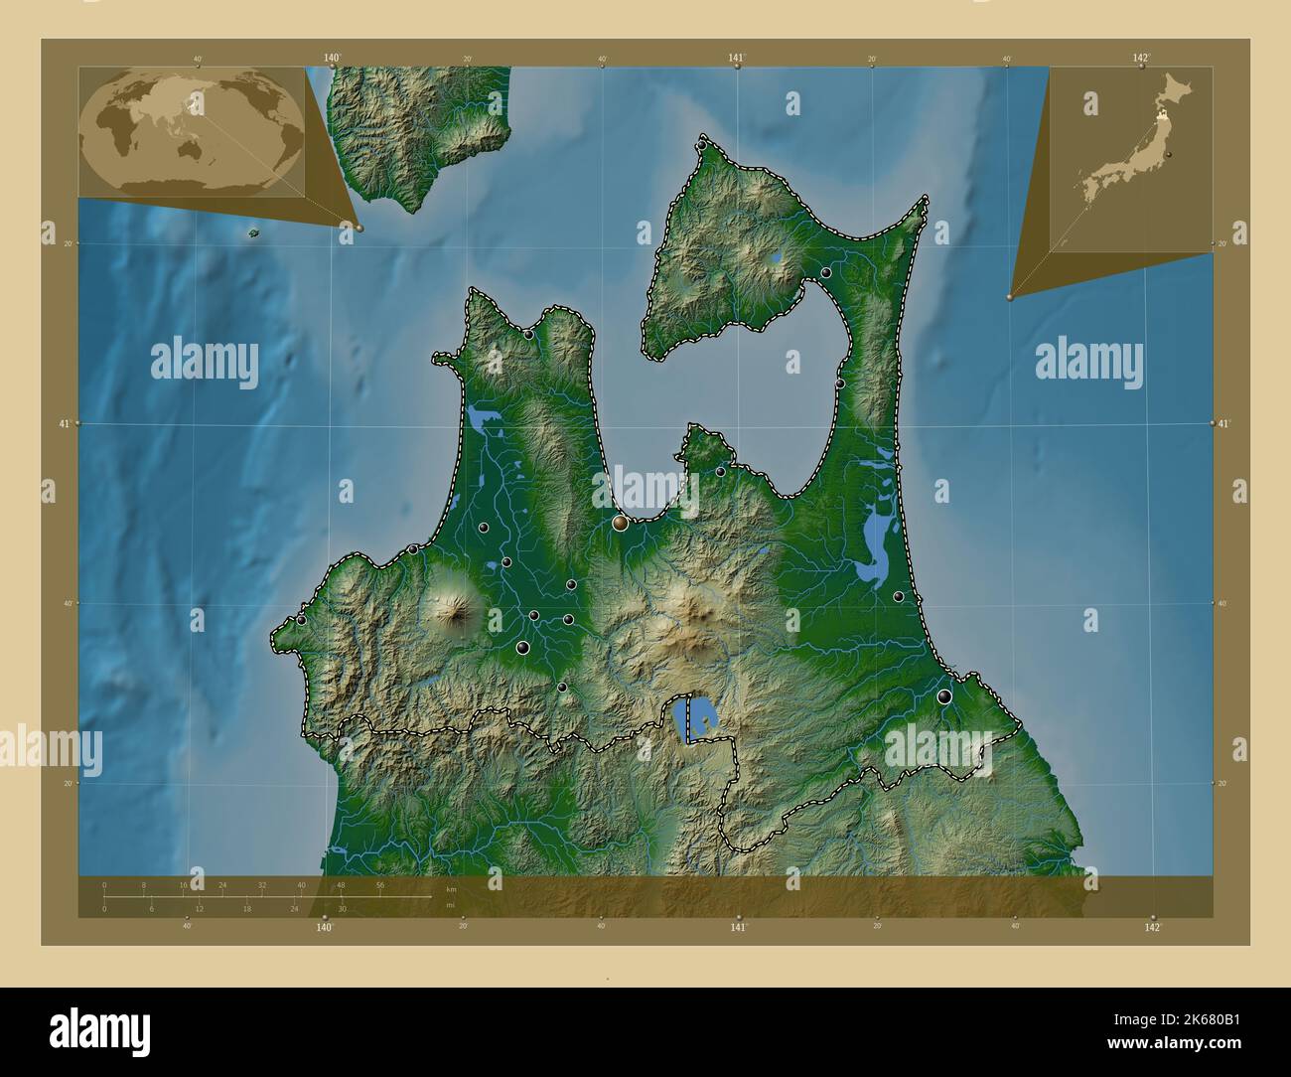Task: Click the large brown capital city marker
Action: (621, 523)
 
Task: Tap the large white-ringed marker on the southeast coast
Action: (943, 696)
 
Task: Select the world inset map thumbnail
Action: (192, 131)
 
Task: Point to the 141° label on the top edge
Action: (736, 58)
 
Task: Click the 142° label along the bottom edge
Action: (1152, 928)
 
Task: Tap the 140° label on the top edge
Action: (332, 58)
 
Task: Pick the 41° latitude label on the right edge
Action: (1224, 423)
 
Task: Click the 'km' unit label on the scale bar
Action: (451, 889)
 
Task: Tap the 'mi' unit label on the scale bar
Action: (450, 905)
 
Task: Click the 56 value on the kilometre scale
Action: (379, 884)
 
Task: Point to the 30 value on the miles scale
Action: (342, 909)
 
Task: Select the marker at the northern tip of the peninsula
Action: (702, 145)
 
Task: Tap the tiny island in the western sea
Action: (253, 233)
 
